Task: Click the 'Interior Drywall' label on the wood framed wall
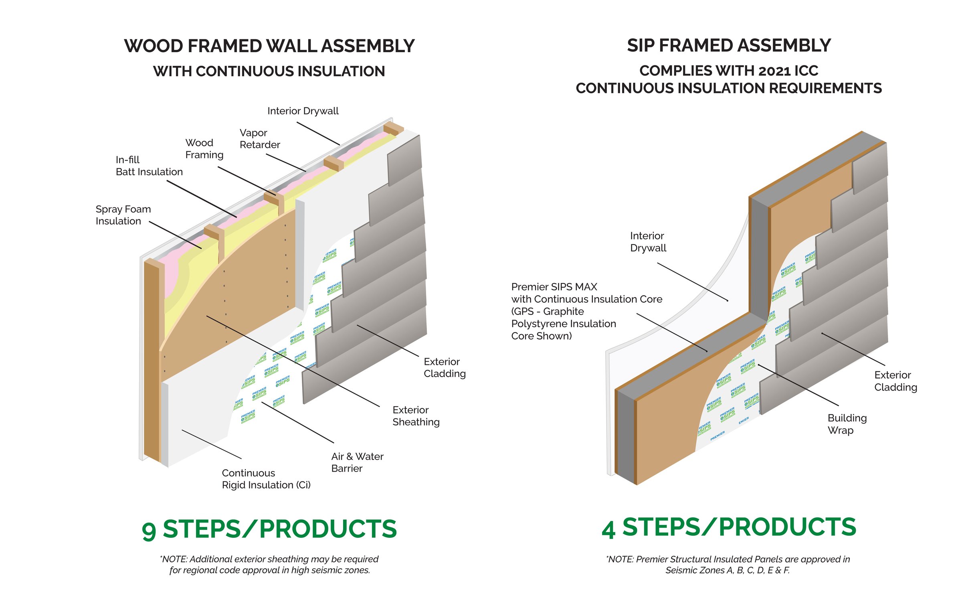pos(303,111)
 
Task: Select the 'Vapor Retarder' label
pos(259,139)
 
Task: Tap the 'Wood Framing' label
pos(204,149)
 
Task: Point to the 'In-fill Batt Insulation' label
pos(149,166)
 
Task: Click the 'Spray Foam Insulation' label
pos(123,215)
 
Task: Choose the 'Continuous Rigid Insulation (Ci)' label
pos(266,479)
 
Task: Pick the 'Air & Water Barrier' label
pos(357,462)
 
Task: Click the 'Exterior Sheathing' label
pos(416,416)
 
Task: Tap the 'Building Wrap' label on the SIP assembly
pos(847,424)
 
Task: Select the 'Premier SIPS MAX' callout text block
pos(586,311)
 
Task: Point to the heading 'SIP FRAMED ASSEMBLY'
pos(728,45)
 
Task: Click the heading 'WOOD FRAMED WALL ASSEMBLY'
pos(269,46)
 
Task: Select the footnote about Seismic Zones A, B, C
pos(728,565)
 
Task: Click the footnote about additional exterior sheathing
pos(269,565)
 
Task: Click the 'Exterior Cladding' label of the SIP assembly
pos(895,381)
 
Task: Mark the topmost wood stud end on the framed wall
pos(393,129)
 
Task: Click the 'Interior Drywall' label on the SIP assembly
pos(648,242)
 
